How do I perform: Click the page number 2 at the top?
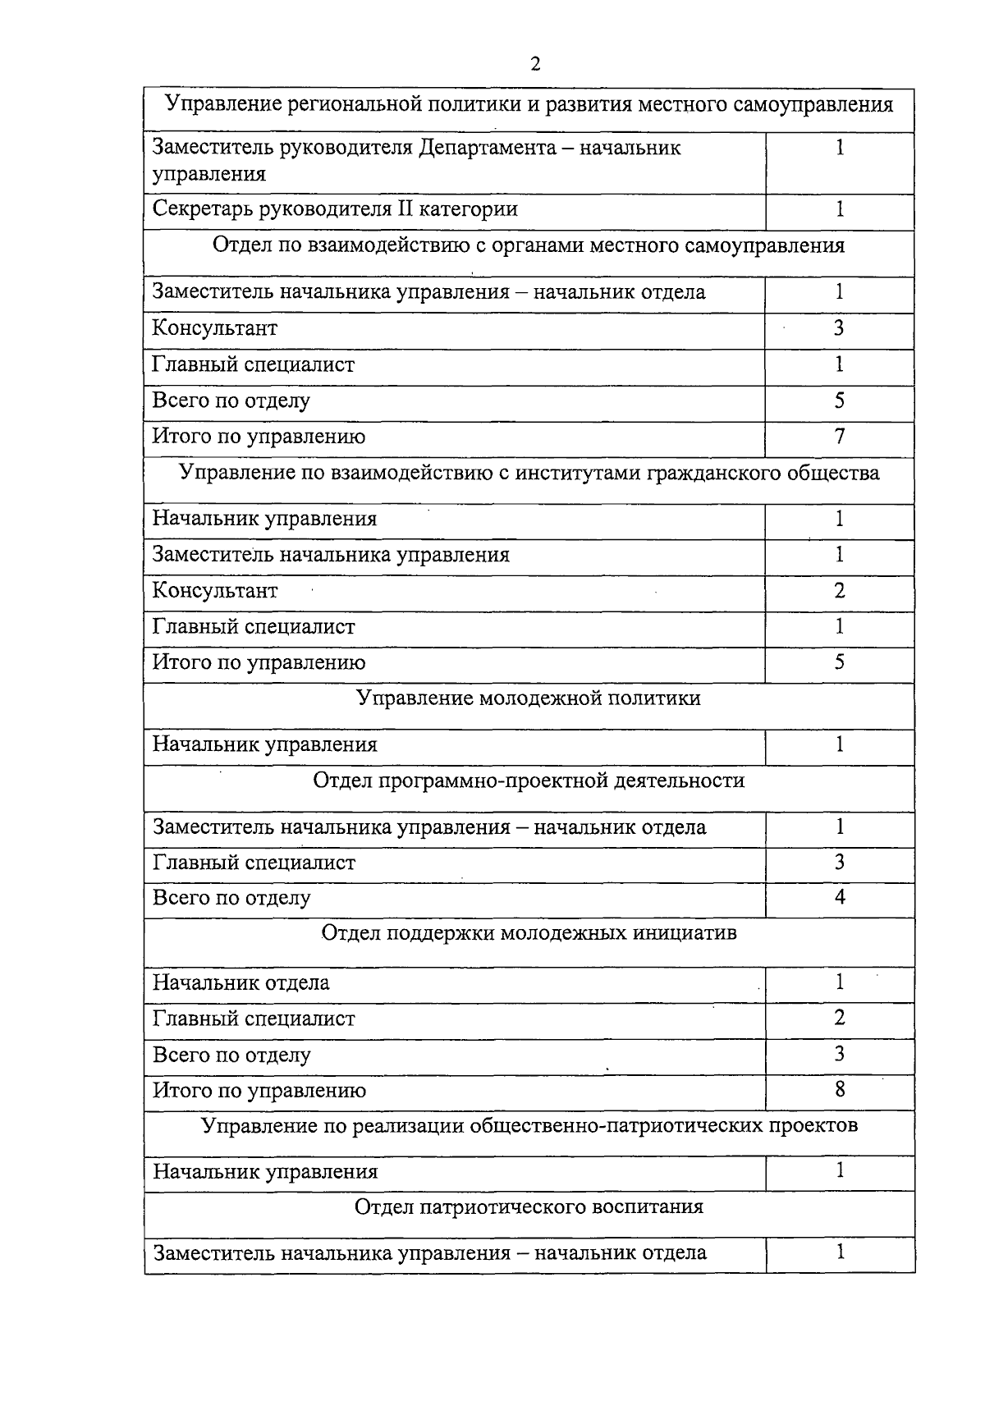[x=535, y=65]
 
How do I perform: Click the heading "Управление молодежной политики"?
[x=529, y=698]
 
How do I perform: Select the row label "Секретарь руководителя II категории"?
[x=335, y=209]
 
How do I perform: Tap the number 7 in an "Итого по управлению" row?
[x=839, y=437]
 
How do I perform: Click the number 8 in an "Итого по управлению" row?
[x=839, y=1090]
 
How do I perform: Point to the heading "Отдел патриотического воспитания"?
[x=529, y=1207]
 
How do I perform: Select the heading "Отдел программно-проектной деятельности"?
[x=529, y=781]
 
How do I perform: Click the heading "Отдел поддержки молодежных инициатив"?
[x=529, y=934]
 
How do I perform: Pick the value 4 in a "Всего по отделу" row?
[x=839, y=897]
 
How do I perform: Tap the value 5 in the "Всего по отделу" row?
[x=839, y=401]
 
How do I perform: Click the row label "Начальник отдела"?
[x=241, y=983]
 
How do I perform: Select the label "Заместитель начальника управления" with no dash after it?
[x=331, y=556]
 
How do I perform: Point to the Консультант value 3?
[x=839, y=328]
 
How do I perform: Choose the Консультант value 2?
[x=839, y=591]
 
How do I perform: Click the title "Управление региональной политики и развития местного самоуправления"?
[x=529, y=106]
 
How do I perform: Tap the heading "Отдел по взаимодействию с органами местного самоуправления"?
[x=529, y=246]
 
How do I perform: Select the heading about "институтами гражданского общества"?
[x=529, y=474]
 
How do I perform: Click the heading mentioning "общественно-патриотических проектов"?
[x=529, y=1125]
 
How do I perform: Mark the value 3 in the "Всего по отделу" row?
[x=839, y=1054]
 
